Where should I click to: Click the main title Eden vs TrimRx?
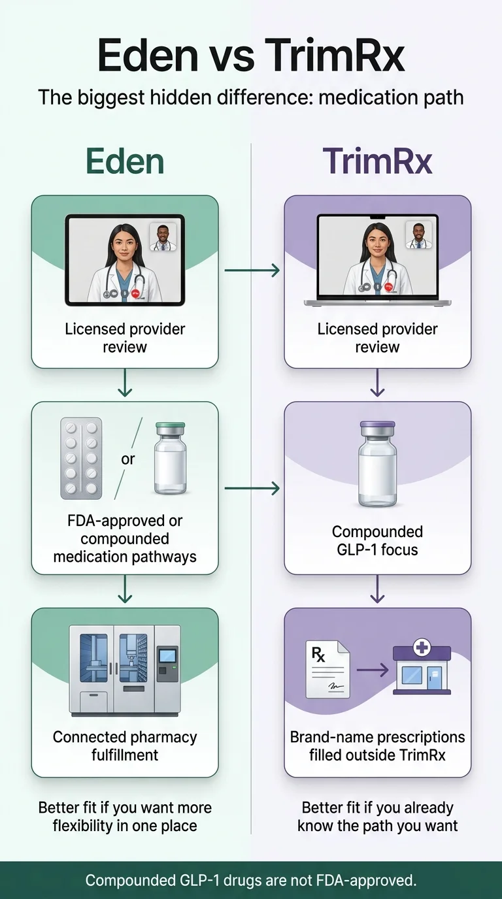tap(251, 55)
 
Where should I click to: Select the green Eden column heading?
tap(125, 161)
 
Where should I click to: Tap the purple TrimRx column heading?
tap(377, 161)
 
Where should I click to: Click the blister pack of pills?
tap(81, 459)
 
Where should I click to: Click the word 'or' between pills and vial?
tap(128, 459)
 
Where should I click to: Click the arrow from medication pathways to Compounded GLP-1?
tap(252, 487)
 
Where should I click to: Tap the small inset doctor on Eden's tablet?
tap(164, 238)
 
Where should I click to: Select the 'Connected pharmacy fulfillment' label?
tap(125, 745)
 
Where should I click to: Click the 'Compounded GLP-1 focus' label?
tap(377, 540)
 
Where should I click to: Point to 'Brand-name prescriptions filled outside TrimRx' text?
tap(377, 745)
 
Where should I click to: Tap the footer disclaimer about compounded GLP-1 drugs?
tap(251, 880)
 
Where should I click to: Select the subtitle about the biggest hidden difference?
tap(251, 97)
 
